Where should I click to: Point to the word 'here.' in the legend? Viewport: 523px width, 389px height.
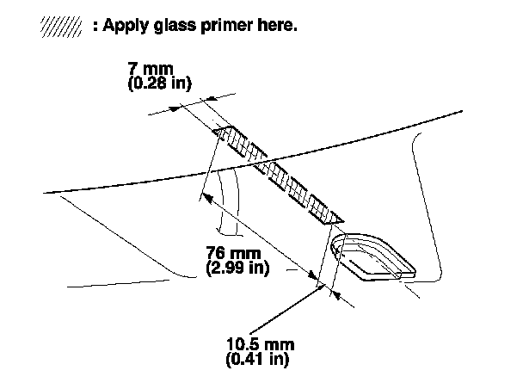[x=276, y=26]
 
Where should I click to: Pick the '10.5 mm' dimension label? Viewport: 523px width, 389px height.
[x=259, y=345]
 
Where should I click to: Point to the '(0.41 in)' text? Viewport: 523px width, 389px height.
[x=258, y=360]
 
